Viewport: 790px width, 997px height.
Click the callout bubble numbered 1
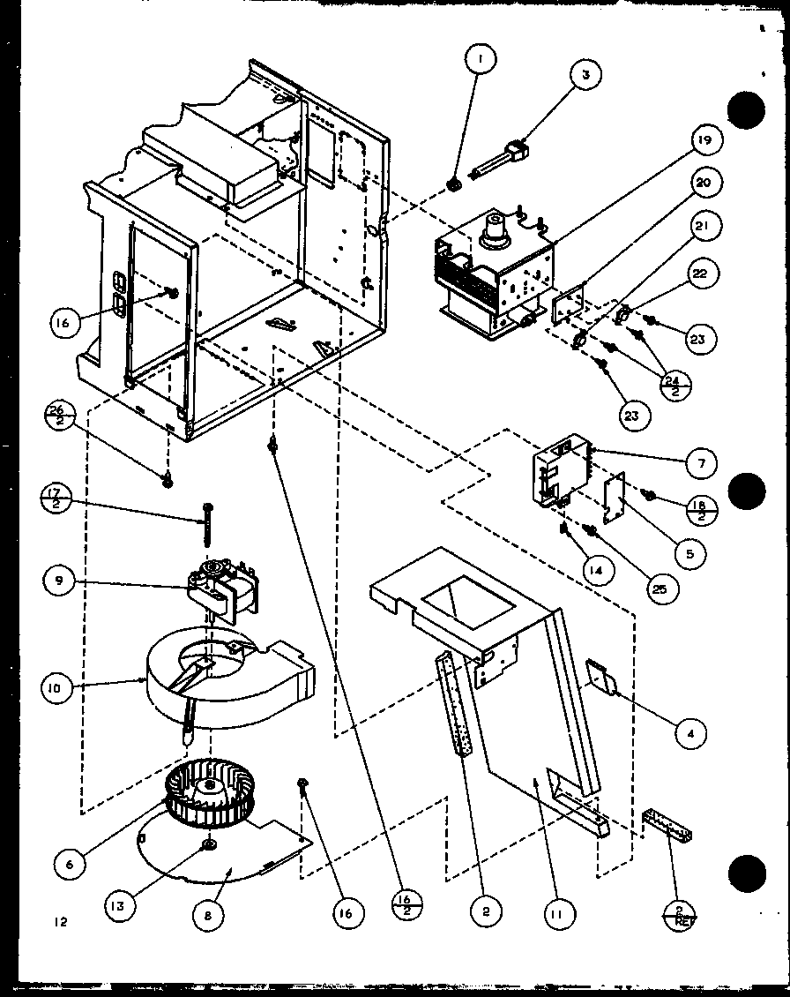click(480, 60)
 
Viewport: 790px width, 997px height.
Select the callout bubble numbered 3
click(585, 75)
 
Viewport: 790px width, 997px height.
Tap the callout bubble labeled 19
click(706, 140)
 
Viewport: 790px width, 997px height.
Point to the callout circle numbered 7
click(703, 462)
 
